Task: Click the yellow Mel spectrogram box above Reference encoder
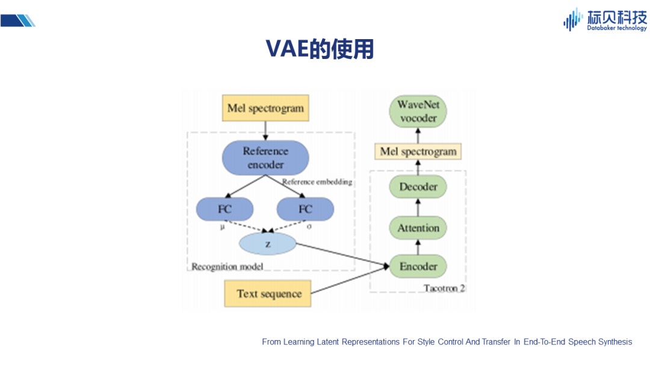tap(265, 108)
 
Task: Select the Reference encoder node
tap(265, 158)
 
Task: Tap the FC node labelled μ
tap(224, 209)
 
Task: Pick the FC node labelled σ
tap(305, 209)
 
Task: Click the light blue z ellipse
tap(268, 244)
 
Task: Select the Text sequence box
tap(268, 294)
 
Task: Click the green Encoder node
tap(418, 266)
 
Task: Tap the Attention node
tap(418, 228)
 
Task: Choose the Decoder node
tap(418, 187)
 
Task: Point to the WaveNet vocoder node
tap(418, 111)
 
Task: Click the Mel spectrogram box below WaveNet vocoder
tap(418, 152)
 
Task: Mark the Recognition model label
tap(227, 267)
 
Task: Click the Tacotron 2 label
tap(444, 288)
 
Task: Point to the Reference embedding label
tap(317, 182)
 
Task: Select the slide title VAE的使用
tap(320, 49)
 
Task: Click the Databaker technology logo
tap(605, 19)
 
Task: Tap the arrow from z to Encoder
tap(343, 255)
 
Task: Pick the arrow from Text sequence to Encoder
tap(350, 280)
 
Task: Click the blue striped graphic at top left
tap(18, 20)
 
